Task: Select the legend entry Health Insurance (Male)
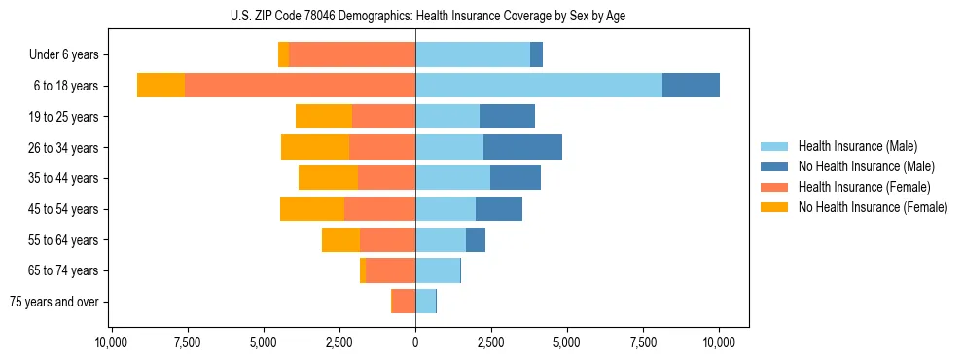click(x=857, y=146)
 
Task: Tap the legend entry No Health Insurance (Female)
click(x=872, y=207)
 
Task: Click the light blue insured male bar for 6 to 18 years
click(x=539, y=86)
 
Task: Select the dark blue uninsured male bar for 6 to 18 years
click(x=691, y=86)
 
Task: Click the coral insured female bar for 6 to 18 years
click(x=300, y=86)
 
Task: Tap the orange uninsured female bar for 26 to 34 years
click(x=315, y=147)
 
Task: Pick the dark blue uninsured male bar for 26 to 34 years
click(x=522, y=147)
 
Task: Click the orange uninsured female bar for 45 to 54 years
click(x=312, y=209)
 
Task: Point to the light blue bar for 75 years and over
click(x=425, y=302)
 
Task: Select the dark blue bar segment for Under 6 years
click(x=536, y=55)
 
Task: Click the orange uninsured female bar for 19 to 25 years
click(x=324, y=117)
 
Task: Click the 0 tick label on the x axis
click(x=415, y=342)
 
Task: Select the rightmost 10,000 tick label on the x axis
click(x=719, y=342)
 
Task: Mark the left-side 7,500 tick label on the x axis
click(x=187, y=342)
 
